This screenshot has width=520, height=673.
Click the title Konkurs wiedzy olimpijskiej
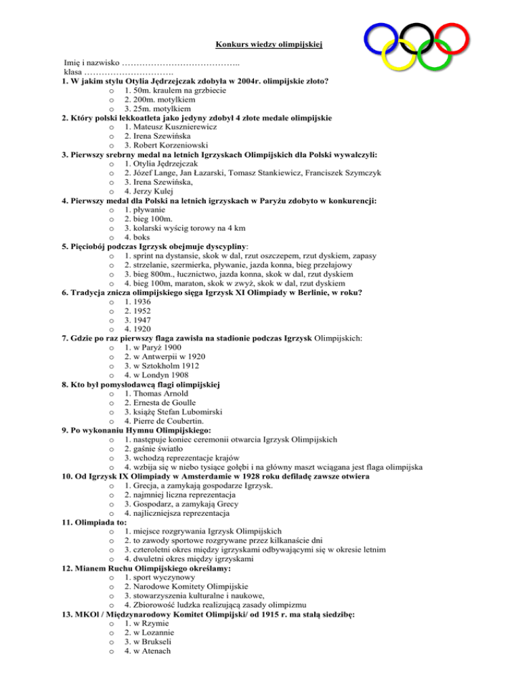[269, 45]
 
